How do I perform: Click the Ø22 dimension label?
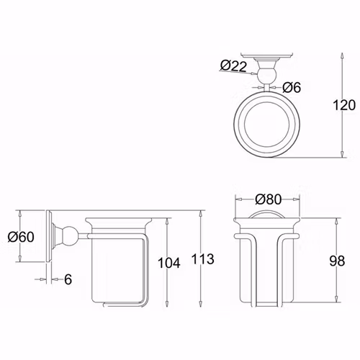click(233, 66)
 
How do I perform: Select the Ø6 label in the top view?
click(292, 87)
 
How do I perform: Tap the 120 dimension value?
click(344, 105)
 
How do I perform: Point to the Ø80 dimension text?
click(268, 199)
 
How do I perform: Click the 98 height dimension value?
click(337, 261)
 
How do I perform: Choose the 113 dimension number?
click(203, 259)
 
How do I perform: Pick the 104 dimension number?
click(168, 263)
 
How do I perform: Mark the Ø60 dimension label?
click(21, 237)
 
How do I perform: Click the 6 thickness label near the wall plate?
click(68, 279)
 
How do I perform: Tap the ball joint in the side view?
click(70, 236)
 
